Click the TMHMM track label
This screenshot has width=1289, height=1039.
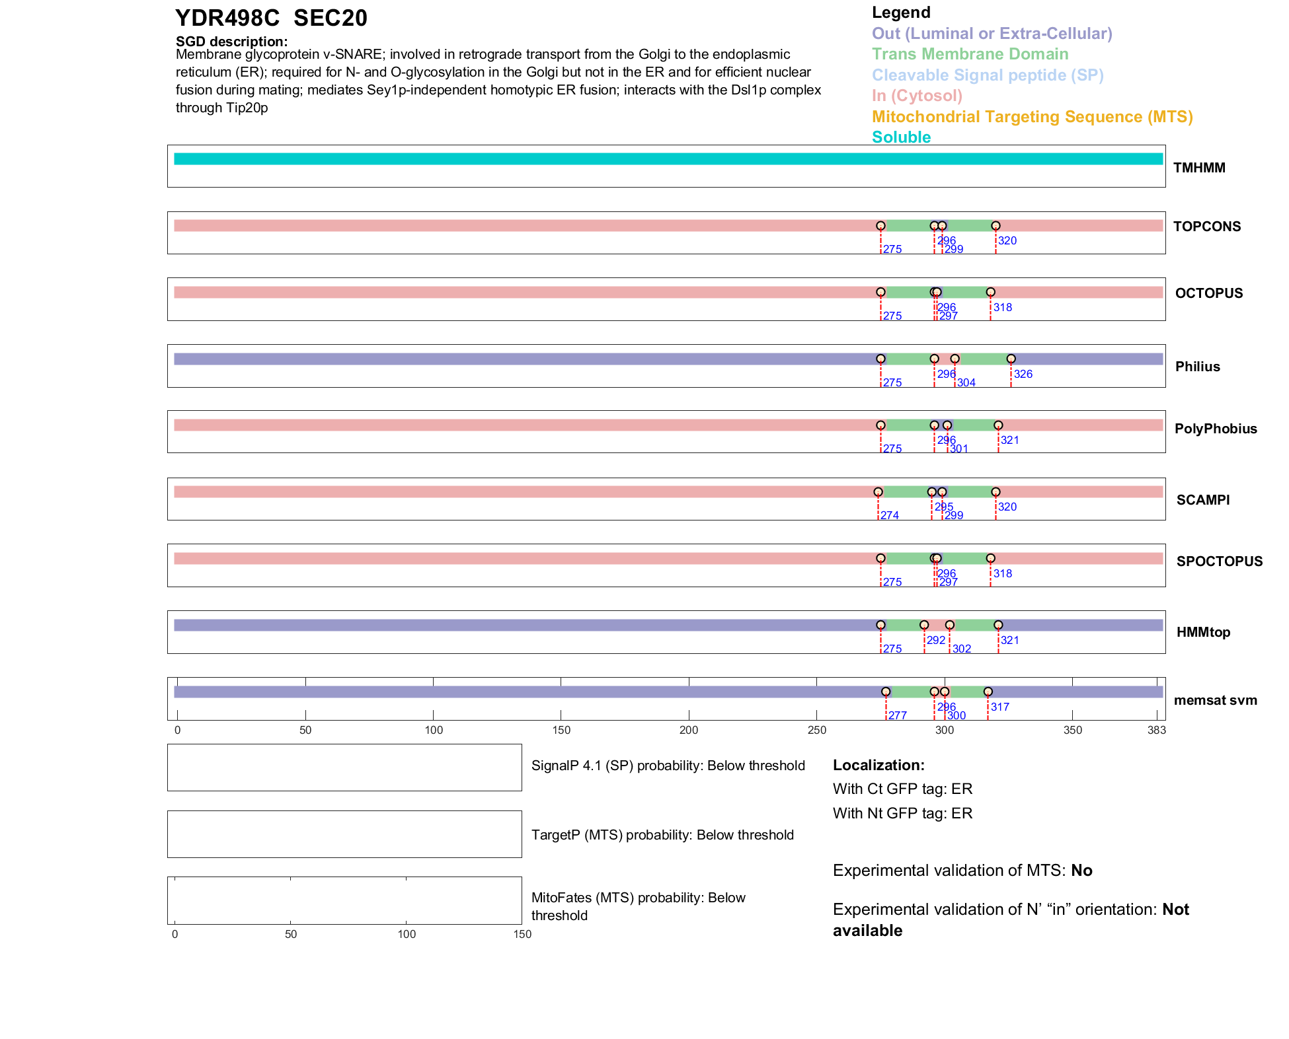pyautogui.click(x=1198, y=168)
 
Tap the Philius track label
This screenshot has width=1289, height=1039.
pyautogui.click(x=1197, y=367)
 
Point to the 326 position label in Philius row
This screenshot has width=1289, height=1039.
pyautogui.click(x=1023, y=374)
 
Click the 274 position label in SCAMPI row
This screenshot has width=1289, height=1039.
pyautogui.click(x=889, y=515)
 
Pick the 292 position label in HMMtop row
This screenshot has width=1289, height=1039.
pyautogui.click(x=935, y=640)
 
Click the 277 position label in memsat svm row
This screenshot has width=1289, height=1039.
pyautogui.click(x=897, y=715)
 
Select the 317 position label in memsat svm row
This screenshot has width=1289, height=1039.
pyautogui.click(x=999, y=707)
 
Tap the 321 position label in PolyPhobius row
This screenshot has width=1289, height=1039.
pyautogui.click(x=1009, y=440)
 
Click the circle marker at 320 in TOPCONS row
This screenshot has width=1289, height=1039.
pyautogui.click(x=996, y=226)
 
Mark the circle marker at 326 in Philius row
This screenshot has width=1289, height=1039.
pyautogui.click(x=1011, y=359)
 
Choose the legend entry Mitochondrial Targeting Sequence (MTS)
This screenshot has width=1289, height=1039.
pyautogui.click(x=1032, y=117)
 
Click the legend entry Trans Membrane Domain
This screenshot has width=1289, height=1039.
pyautogui.click(x=970, y=54)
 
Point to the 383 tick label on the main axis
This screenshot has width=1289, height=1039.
pyautogui.click(x=1156, y=730)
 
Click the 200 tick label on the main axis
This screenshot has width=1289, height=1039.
pyautogui.click(x=689, y=730)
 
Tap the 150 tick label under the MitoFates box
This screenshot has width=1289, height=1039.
pyautogui.click(x=522, y=934)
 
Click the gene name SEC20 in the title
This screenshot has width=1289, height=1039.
pyautogui.click(x=330, y=18)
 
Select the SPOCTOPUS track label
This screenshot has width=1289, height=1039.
pyautogui.click(x=1219, y=561)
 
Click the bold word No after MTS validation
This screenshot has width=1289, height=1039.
pyautogui.click(x=1081, y=871)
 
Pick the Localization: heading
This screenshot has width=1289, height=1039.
pyautogui.click(x=879, y=765)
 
